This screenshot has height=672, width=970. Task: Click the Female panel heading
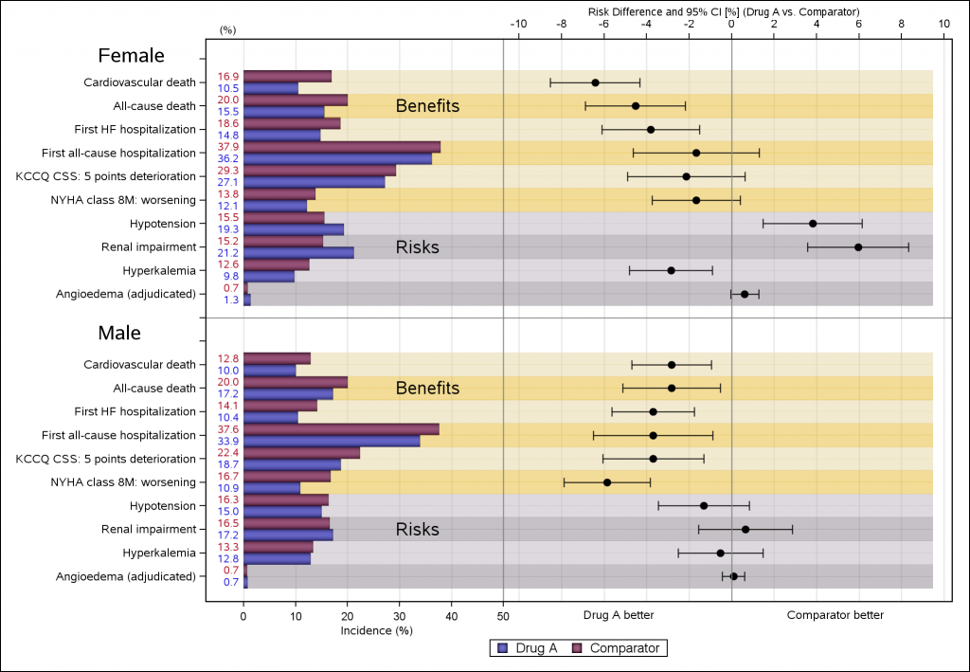pos(132,56)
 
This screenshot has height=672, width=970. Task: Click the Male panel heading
pos(119,334)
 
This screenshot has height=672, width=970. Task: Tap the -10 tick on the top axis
pos(518,25)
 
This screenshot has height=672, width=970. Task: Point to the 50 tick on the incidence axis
pos(502,613)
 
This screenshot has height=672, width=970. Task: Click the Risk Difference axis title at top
pos(724,11)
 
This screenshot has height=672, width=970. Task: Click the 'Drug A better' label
pos(619,615)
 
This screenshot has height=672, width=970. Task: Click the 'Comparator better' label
pos(835,615)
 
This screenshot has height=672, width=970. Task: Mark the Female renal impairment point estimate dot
pos(858,247)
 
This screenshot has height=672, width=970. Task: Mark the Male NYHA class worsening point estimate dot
pos(607,482)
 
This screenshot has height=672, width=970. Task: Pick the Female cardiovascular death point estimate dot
pos(595,82)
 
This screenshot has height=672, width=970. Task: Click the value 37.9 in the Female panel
pos(228,147)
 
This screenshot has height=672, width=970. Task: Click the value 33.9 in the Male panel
pos(228,441)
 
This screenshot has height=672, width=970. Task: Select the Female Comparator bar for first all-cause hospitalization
pos(341,147)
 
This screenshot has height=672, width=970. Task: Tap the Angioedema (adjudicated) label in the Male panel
pos(139,576)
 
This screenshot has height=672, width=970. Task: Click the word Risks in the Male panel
pos(417,529)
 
